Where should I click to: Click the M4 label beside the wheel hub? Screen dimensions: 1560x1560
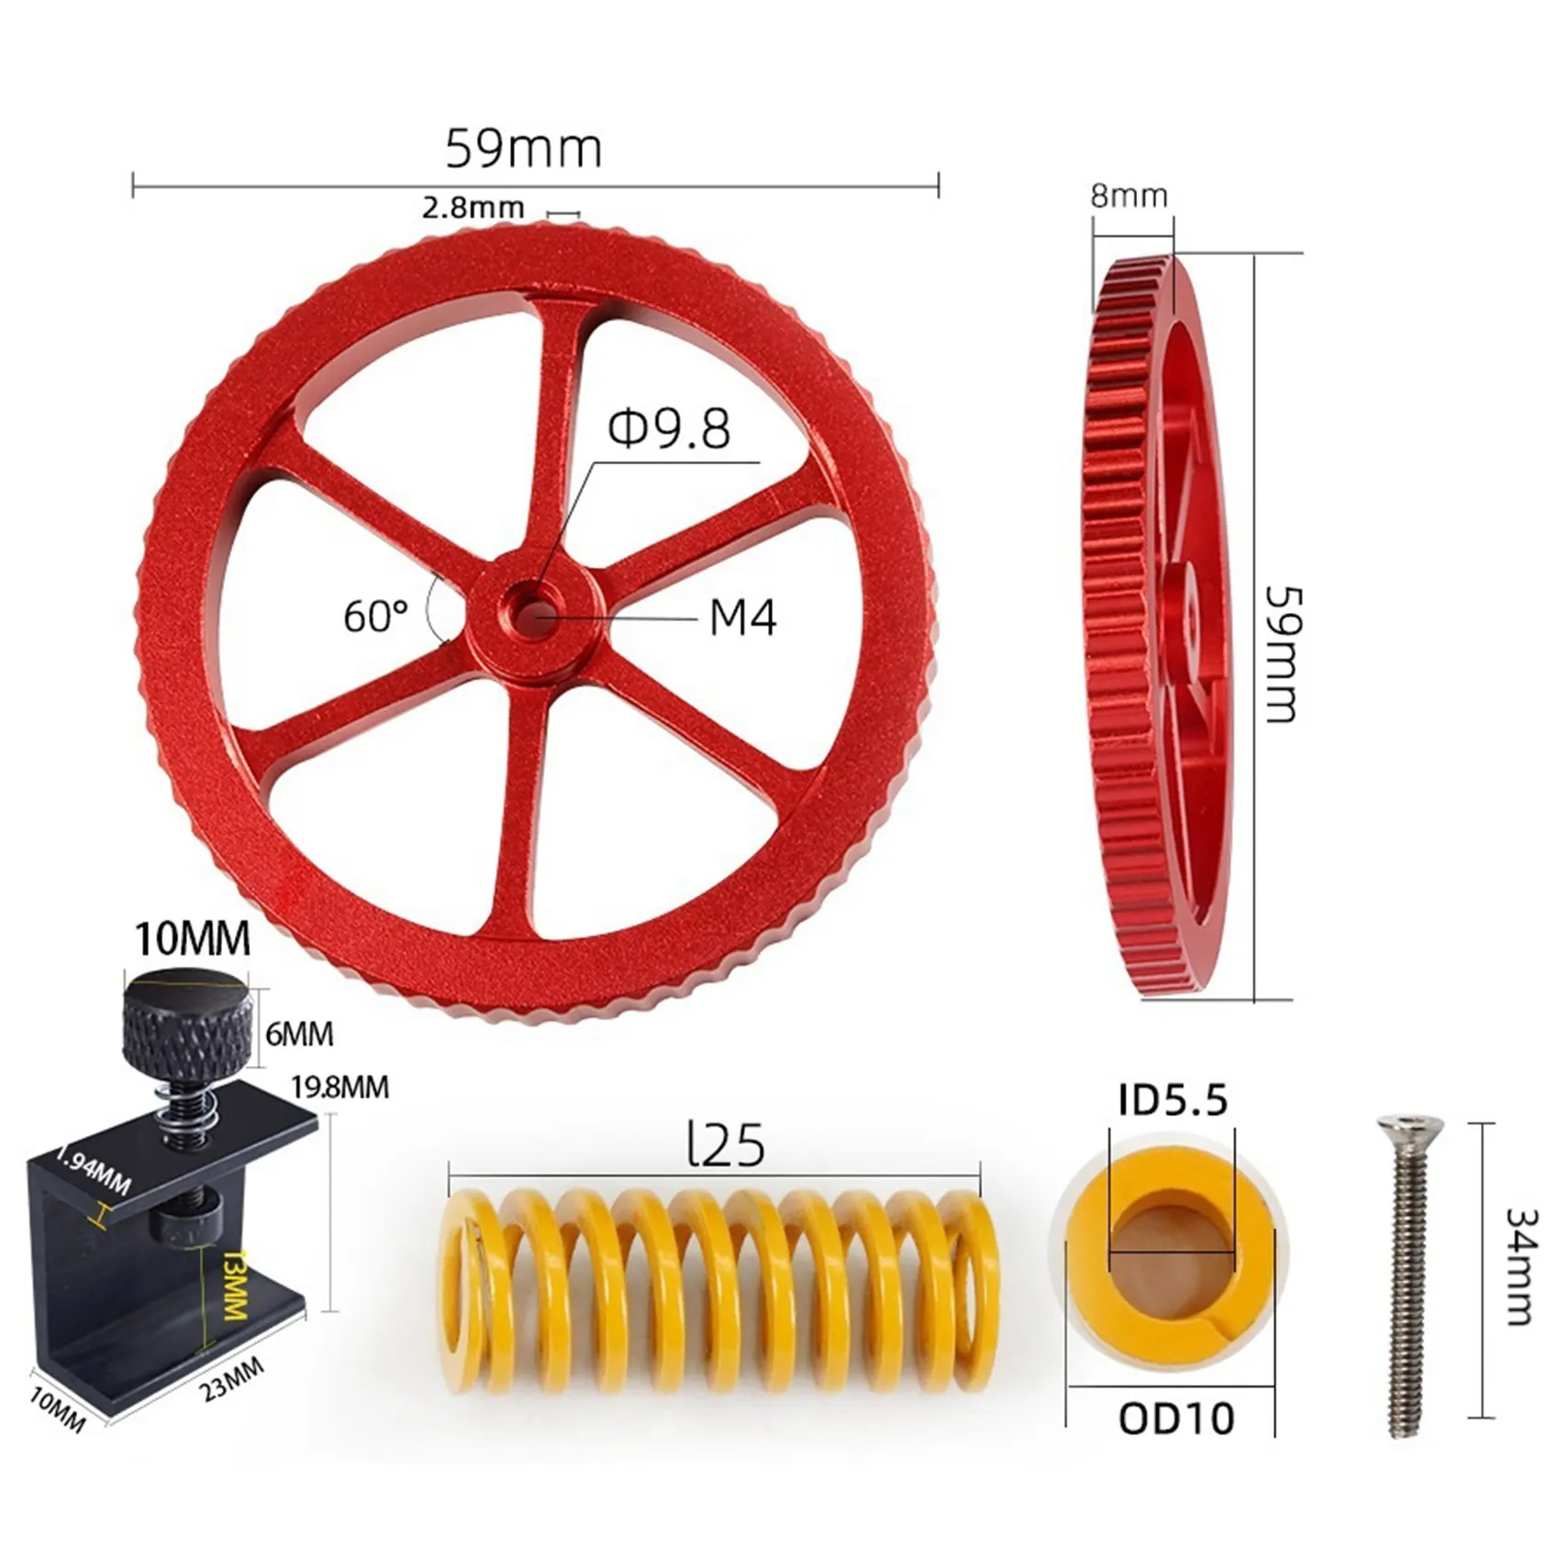click(743, 618)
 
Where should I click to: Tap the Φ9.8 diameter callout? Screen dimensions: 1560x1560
click(670, 429)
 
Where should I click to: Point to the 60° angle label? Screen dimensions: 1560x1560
click(375, 616)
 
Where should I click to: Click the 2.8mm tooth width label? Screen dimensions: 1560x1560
click(473, 208)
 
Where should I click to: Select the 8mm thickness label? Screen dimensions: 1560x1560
click(1129, 195)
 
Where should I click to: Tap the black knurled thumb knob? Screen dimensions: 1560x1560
click(189, 1020)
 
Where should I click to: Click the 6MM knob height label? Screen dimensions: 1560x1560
click(299, 1034)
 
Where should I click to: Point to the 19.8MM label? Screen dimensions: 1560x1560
click(340, 1087)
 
